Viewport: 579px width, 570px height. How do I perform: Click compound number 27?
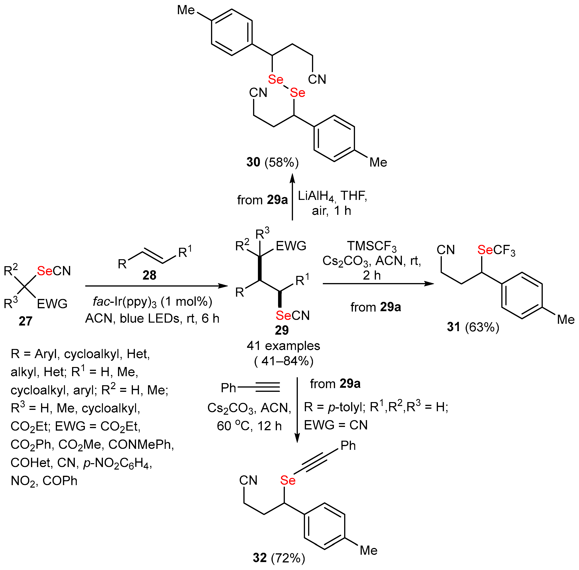click(25, 321)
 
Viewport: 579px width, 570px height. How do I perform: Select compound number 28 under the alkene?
click(149, 275)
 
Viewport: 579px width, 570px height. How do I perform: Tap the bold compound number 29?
click(282, 330)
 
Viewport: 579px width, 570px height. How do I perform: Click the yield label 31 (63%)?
click(473, 327)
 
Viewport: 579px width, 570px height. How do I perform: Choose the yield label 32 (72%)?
click(279, 558)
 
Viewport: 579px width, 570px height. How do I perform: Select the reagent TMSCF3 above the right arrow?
click(372, 246)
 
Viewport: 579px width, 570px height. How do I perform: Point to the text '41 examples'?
click(283, 346)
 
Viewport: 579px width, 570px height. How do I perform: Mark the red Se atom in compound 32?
click(288, 480)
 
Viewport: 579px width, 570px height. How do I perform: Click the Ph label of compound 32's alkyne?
click(348, 446)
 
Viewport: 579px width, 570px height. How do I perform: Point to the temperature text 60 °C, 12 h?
click(249, 426)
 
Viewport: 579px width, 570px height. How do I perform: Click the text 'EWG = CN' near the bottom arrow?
click(336, 425)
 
